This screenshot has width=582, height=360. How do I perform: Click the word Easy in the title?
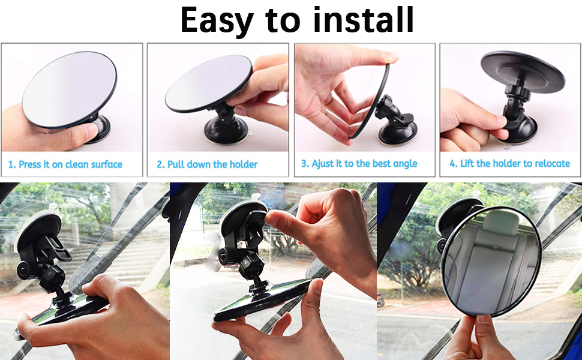pos(215,20)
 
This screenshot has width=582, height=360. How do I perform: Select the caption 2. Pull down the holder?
pos(207,164)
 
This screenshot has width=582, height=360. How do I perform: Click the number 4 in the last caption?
pos(453,164)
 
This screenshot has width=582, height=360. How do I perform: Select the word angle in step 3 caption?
pos(403,164)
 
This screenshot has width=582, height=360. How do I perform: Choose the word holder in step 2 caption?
pos(244,164)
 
